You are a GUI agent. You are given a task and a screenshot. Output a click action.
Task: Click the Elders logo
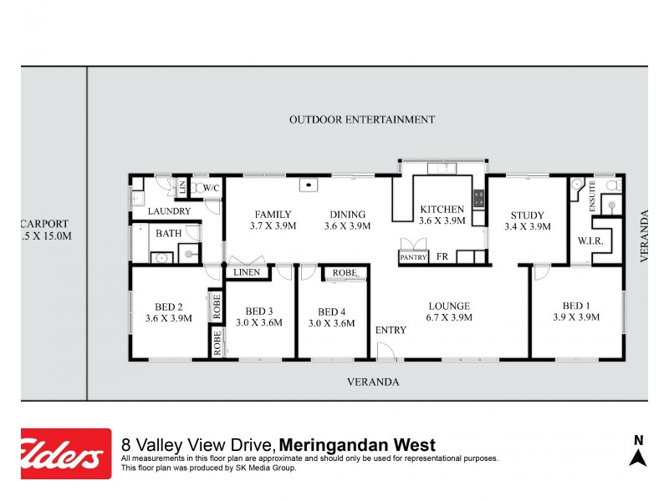coord(66,453)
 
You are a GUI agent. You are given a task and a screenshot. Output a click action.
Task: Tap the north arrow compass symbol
coord(638,452)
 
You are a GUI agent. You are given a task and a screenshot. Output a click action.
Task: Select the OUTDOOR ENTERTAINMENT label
coord(362,119)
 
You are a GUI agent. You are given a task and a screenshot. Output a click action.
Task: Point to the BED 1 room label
coord(575,306)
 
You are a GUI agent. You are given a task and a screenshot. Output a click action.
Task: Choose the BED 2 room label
coord(169,306)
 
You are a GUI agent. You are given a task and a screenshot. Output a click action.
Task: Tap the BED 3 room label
coord(259,311)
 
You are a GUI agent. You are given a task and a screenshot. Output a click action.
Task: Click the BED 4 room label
coord(332,311)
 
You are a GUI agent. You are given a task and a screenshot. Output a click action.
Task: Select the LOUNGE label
coord(449,306)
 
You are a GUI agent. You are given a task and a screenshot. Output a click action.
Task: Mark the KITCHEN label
coord(442,210)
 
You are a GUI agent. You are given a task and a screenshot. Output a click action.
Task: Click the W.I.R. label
coord(590,241)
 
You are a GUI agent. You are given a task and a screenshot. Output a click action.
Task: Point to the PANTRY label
coord(413,258)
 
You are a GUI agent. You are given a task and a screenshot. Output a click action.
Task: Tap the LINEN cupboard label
coord(247,272)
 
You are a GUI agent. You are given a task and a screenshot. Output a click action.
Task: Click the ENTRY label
coord(391,330)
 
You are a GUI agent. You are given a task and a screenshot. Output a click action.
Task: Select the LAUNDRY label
coord(170,211)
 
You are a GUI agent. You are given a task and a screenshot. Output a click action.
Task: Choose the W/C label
coord(211,189)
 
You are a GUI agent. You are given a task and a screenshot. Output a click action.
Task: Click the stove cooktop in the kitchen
coord(479,199)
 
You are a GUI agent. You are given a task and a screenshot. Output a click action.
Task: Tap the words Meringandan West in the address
coord(357,445)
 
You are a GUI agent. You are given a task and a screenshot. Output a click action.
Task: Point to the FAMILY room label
coord(273,215)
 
